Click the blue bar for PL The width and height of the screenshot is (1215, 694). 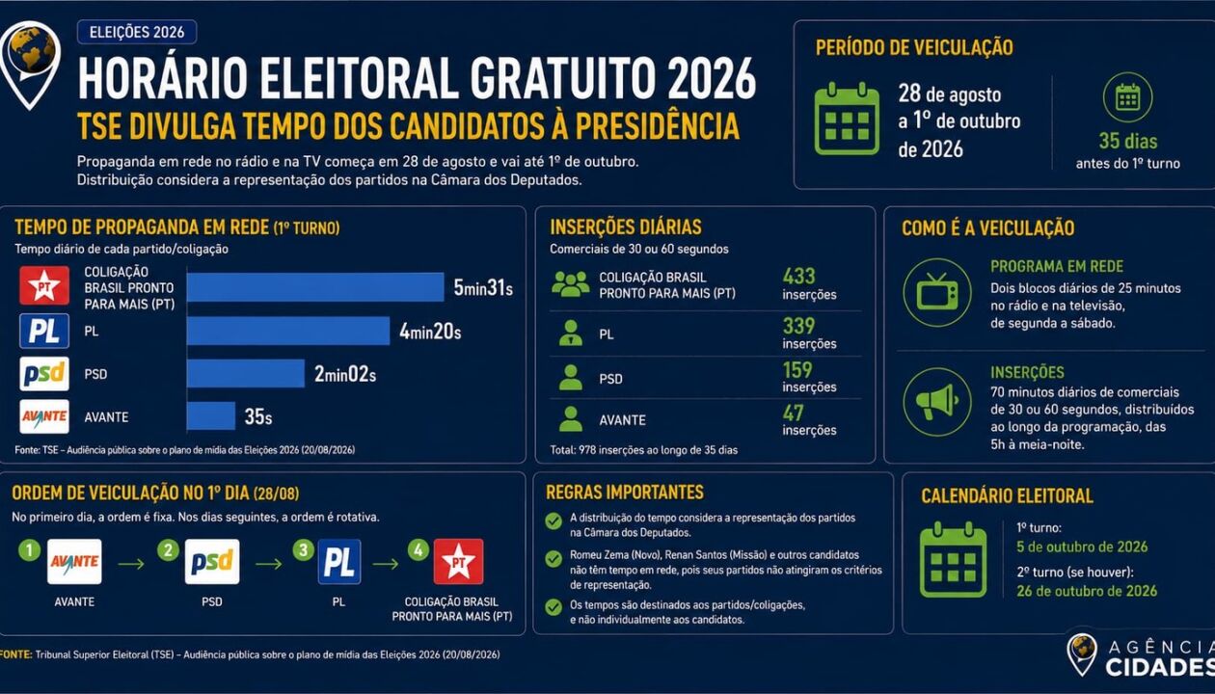pos(288,331)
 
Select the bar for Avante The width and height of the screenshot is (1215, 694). pos(211,415)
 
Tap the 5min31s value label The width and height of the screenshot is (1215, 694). pos(483,288)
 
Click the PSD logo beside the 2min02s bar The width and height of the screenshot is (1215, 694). pos(44,374)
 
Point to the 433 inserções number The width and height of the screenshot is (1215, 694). pos(798,276)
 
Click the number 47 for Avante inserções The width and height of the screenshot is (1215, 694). pos(793,414)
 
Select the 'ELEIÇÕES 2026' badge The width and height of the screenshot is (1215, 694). pos(137,32)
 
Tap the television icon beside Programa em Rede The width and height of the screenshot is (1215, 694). pos(936,293)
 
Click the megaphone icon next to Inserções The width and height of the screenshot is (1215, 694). pos(936,402)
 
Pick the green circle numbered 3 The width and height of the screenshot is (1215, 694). pos(303,549)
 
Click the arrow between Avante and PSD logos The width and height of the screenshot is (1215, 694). pos(131,564)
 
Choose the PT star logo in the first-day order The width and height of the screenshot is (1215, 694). pos(458,561)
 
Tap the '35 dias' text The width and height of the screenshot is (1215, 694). pos(1127,141)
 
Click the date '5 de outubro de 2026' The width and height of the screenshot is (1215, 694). pos(1082,547)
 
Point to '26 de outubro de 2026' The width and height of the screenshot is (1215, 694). pos(1087,591)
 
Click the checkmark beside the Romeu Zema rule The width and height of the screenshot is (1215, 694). pos(553,558)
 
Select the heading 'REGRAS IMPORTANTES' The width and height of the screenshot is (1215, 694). pos(625,493)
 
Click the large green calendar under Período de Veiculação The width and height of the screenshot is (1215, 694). pos(847,119)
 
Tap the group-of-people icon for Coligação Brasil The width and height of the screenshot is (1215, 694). pos(571,284)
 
